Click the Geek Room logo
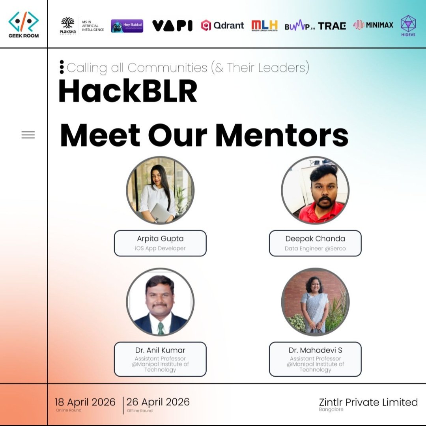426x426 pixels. click(24, 24)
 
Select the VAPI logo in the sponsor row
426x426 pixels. click(172, 26)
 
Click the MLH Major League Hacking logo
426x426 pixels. click(264, 25)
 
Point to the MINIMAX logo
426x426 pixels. click(373, 25)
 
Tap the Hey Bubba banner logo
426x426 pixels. click(127, 26)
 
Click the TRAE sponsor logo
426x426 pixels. click(332, 26)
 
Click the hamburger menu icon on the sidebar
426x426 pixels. click(28, 135)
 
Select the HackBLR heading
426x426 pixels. click(128, 92)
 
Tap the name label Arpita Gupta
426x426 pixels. click(160, 239)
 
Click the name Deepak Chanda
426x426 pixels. click(315, 239)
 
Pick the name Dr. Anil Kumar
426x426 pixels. click(160, 350)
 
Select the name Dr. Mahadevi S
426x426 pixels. click(315, 350)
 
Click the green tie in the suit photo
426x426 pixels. click(161, 328)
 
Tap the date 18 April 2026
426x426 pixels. click(85, 402)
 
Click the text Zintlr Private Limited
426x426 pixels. click(368, 402)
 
